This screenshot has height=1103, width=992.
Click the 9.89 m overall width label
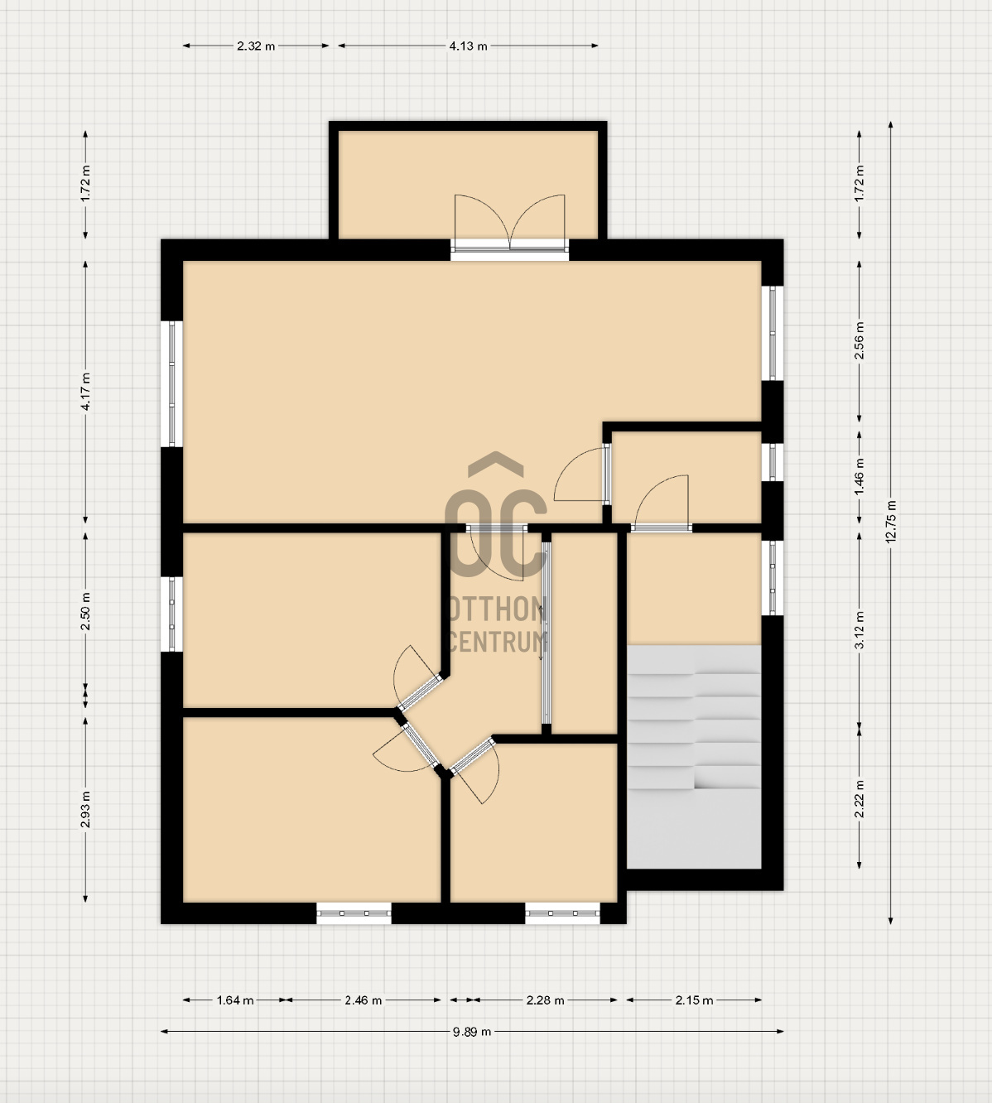coord(472,1032)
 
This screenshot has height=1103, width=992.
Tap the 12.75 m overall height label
coord(891,522)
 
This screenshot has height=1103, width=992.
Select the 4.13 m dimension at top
coord(468,46)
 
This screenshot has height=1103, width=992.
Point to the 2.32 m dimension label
coord(256,46)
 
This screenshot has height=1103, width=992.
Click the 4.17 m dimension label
coord(86,392)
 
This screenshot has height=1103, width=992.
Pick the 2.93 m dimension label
coord(86,809)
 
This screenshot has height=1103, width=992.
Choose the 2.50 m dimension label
coord(86,611)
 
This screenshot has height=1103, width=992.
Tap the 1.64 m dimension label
coord(235,1000)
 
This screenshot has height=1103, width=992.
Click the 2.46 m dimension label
coord(363,1000)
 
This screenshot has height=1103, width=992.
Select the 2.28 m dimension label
coord(545,1000)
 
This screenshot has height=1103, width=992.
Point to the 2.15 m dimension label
coord(694,1000)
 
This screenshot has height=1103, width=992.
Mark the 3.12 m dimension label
coord(860,630)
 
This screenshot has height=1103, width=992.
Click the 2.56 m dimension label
coord(860,341)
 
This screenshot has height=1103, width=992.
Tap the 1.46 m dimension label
coord(860,476)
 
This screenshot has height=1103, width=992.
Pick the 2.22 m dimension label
coord(860,799)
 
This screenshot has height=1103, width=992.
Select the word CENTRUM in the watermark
coord(498,642)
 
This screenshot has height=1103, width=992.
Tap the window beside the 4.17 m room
coord(171,383)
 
